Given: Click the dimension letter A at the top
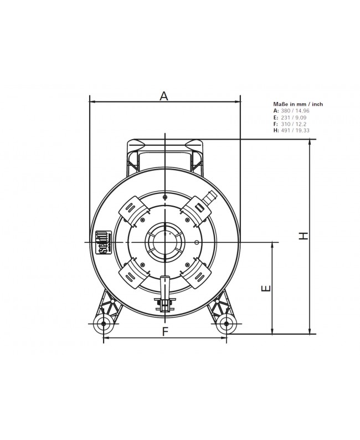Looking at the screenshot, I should pos(164,96).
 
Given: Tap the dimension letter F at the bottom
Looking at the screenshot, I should pos(164,331).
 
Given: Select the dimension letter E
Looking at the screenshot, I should pos(265,289).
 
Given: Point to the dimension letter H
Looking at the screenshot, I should pos(303,236).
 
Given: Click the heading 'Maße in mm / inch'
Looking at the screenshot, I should pos(298,104).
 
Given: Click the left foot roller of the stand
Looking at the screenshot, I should pos(104,324).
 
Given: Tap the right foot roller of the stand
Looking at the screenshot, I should pos(226,324).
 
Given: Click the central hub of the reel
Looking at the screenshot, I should pos(164,242).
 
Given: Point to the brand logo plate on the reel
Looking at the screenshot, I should pos(102,242).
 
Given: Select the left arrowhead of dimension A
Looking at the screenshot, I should pos(92,102).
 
